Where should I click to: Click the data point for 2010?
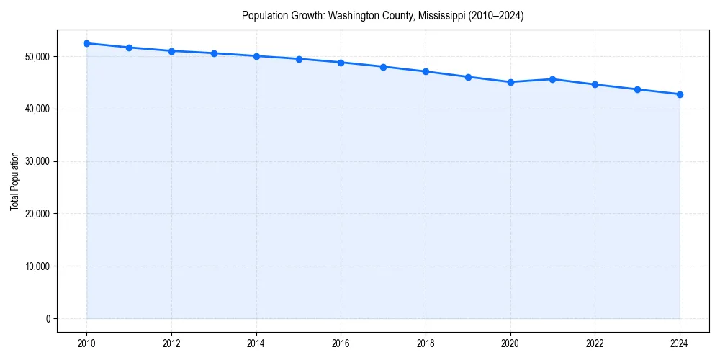86,43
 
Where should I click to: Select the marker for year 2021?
552,79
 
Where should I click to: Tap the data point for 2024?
680,94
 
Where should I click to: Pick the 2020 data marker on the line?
510,82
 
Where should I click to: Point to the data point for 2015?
298,59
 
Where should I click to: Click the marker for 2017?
383,67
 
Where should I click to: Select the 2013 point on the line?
214,53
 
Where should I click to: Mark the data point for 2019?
468,77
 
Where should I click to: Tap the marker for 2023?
637,89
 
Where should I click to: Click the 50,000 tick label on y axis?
36,57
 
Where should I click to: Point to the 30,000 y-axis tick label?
36,161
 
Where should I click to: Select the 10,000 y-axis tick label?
36,266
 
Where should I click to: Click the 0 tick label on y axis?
48,319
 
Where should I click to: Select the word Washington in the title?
354,15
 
